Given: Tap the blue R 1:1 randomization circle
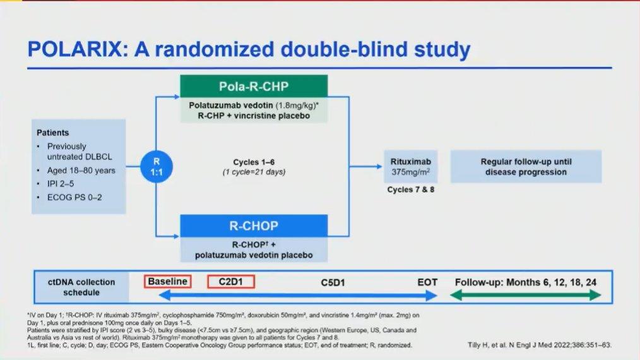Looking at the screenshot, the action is tap(157, 167).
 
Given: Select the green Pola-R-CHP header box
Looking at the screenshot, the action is tap(254, 87).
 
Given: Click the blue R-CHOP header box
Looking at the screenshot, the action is tap(254, 225).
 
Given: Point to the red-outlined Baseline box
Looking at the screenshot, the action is tap(167, 282).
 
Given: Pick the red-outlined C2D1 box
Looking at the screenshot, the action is tap(231, 282).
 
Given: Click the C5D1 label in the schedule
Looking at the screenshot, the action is tap(333, 282).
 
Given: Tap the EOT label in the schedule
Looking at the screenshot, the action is tap(427, 282).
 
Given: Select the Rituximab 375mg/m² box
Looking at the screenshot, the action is tap(411, 167).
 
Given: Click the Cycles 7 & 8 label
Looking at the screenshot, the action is tap(411, 189).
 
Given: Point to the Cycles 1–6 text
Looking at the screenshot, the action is tap(254, 162).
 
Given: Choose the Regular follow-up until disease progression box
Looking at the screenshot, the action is tap(526, 167).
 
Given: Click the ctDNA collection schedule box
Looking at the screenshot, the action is tap(81, 287).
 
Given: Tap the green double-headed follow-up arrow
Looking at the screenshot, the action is tap(525, 295).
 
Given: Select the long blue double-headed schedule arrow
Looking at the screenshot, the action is tap(298, 296).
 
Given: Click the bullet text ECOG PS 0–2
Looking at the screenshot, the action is tap(74, 197).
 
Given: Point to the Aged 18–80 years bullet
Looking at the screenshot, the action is tap(81, 171).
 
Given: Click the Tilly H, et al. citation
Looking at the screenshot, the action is tap(540, 345).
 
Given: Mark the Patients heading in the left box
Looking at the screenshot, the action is tap(52, 133).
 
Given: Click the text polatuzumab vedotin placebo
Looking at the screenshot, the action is tap(254, 255).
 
